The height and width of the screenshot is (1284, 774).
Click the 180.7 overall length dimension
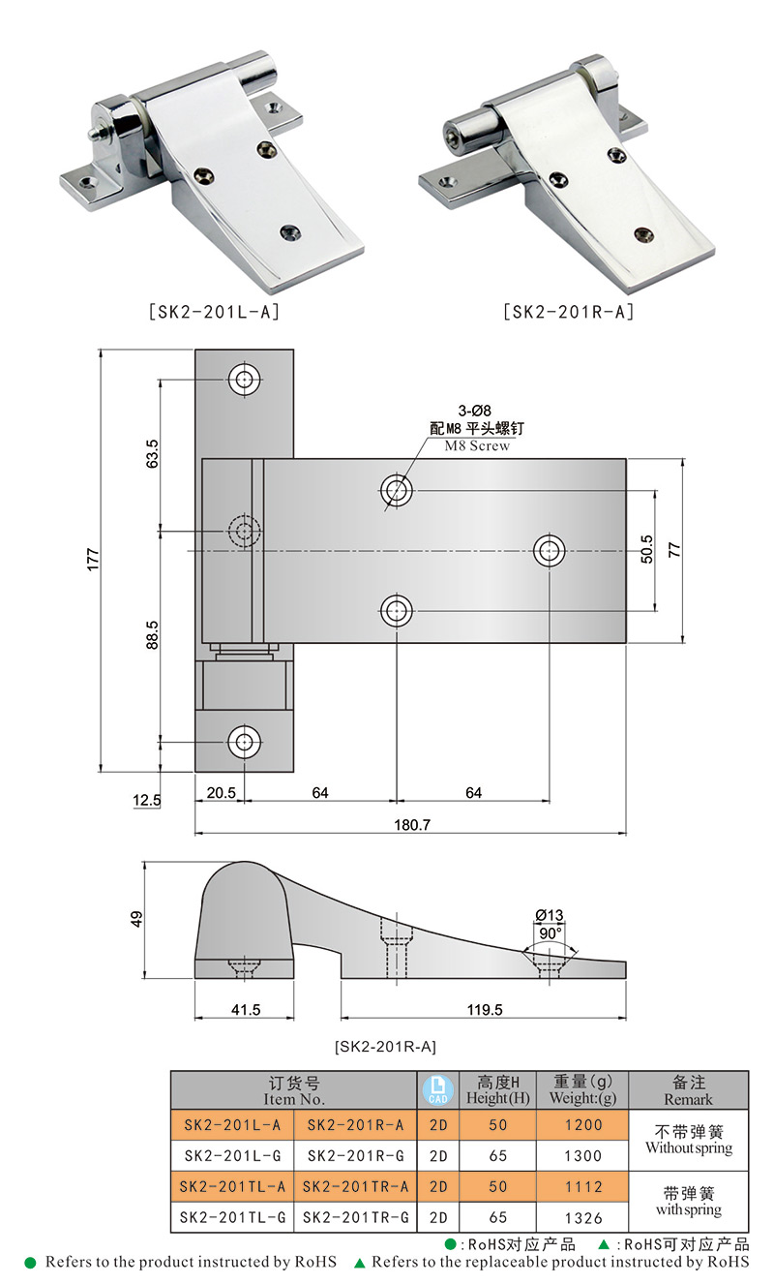412,824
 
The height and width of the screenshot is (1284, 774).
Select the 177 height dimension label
93,559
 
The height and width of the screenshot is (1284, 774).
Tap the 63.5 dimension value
152,454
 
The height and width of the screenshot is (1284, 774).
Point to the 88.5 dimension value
152,634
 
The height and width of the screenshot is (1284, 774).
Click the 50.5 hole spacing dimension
647,549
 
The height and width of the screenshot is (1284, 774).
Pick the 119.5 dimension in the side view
485,1009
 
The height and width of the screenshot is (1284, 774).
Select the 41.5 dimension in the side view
246,1009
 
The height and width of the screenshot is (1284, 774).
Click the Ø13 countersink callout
550,915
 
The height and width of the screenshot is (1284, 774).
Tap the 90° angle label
550,933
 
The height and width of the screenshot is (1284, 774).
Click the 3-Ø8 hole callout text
474,411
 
